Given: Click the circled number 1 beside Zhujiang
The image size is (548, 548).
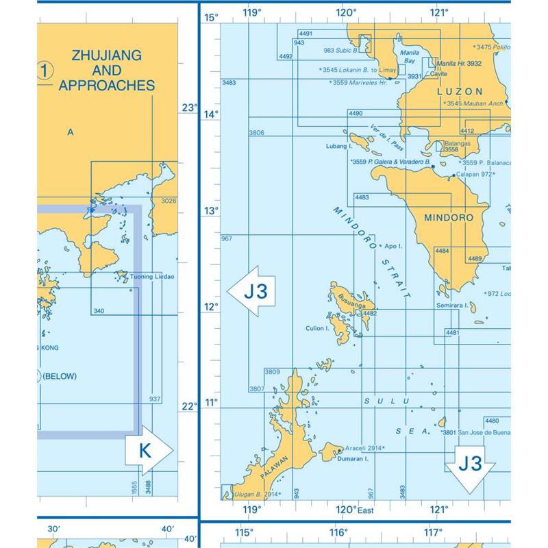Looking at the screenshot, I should [45, 70].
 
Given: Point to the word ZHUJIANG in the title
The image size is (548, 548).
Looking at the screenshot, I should [105, 55].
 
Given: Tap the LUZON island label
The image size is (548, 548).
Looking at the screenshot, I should [460, 91].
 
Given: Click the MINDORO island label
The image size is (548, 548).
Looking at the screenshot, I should [449, 218].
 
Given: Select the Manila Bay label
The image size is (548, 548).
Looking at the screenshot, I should [410, 56].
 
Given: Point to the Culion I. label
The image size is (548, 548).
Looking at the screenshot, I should [318, 328].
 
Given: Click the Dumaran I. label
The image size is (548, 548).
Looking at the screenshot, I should [353, 460].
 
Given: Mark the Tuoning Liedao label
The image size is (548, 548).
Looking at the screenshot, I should [152, 277].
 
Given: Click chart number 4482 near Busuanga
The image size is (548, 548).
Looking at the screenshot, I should [370, 313].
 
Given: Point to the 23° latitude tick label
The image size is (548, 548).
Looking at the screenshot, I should [188, 108].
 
